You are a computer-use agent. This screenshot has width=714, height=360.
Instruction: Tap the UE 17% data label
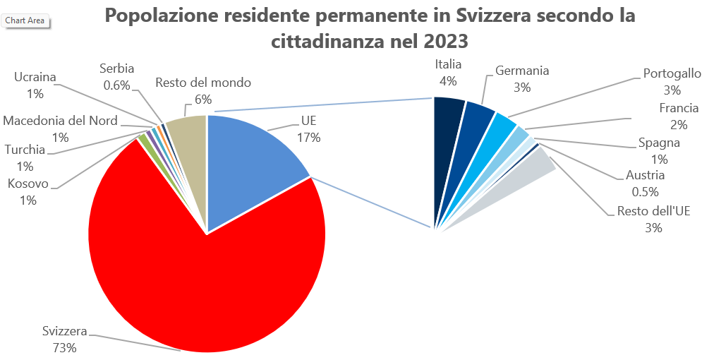pyautogui.click(x=308, y=128)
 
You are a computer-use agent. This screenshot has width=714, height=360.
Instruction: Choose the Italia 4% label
pyautogui.click(x=448, y=73)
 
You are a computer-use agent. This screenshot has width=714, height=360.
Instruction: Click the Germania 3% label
pyautogui.click(x=522, y=79)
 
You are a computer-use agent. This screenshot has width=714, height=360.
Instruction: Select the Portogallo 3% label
pyautogui.click(x=672, y=81)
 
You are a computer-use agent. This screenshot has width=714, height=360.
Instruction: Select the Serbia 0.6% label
pyautogui.click(x=116, y=77)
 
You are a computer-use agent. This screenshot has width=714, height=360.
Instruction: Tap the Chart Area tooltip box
pyautogui.click(x=25, y=21)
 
